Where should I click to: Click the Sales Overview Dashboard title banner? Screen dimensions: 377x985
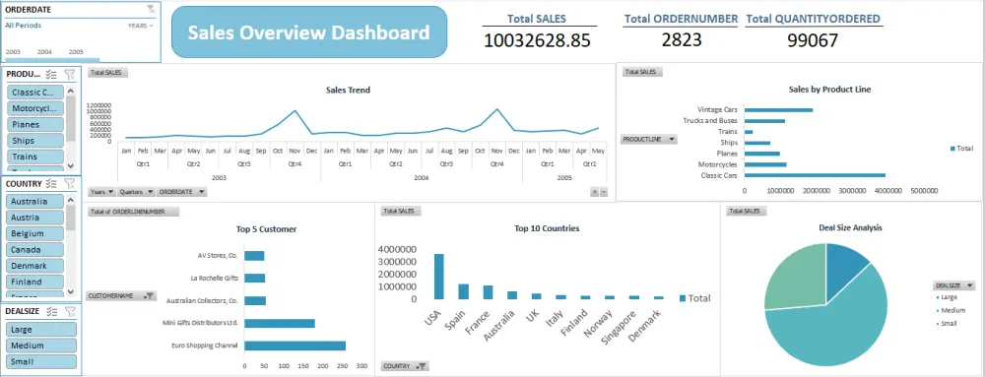[x=308, y=33]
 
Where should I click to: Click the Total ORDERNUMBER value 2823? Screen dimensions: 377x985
[x=682, y=39]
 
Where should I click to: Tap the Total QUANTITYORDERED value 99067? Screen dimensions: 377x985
[x=813, y=40]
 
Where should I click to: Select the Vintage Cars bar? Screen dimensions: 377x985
[x=778, y=109]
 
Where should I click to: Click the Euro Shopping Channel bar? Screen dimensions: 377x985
[x=295, y=346]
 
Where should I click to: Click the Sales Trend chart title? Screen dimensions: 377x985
[x=348, y=90]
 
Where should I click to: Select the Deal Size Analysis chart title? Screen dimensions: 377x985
[x=850, y=227]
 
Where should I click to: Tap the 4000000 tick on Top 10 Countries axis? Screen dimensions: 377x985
[x=399, y=249]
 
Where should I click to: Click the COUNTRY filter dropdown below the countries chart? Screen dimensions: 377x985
[x=405, y=366]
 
